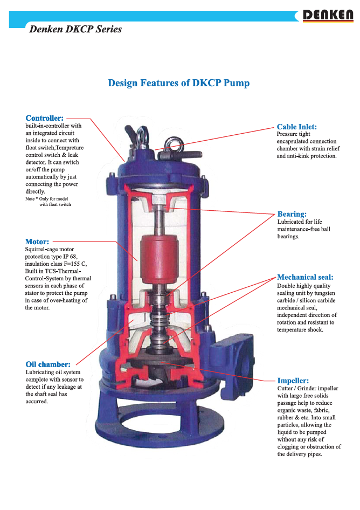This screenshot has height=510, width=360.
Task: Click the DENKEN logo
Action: click(x=328, y=16)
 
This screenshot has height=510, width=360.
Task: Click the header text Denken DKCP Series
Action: click(x=75, y=29)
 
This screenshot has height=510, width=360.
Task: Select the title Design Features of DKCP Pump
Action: click(x=178, y=83)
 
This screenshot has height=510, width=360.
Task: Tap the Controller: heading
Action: click(x=45, y=118)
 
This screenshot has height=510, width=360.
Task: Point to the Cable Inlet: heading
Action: click(x=296, y=127)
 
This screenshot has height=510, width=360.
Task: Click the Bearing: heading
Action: click(x=292, y=214)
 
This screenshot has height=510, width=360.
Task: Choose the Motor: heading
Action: click(x=37, y=242)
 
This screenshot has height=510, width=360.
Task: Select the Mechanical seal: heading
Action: click(x=305, y=278)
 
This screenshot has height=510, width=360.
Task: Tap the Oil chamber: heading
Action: click(x=48, y=364)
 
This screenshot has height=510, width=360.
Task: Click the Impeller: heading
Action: click(x=293, y=381)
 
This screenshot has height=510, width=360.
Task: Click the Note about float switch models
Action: click(x=48, y=202)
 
